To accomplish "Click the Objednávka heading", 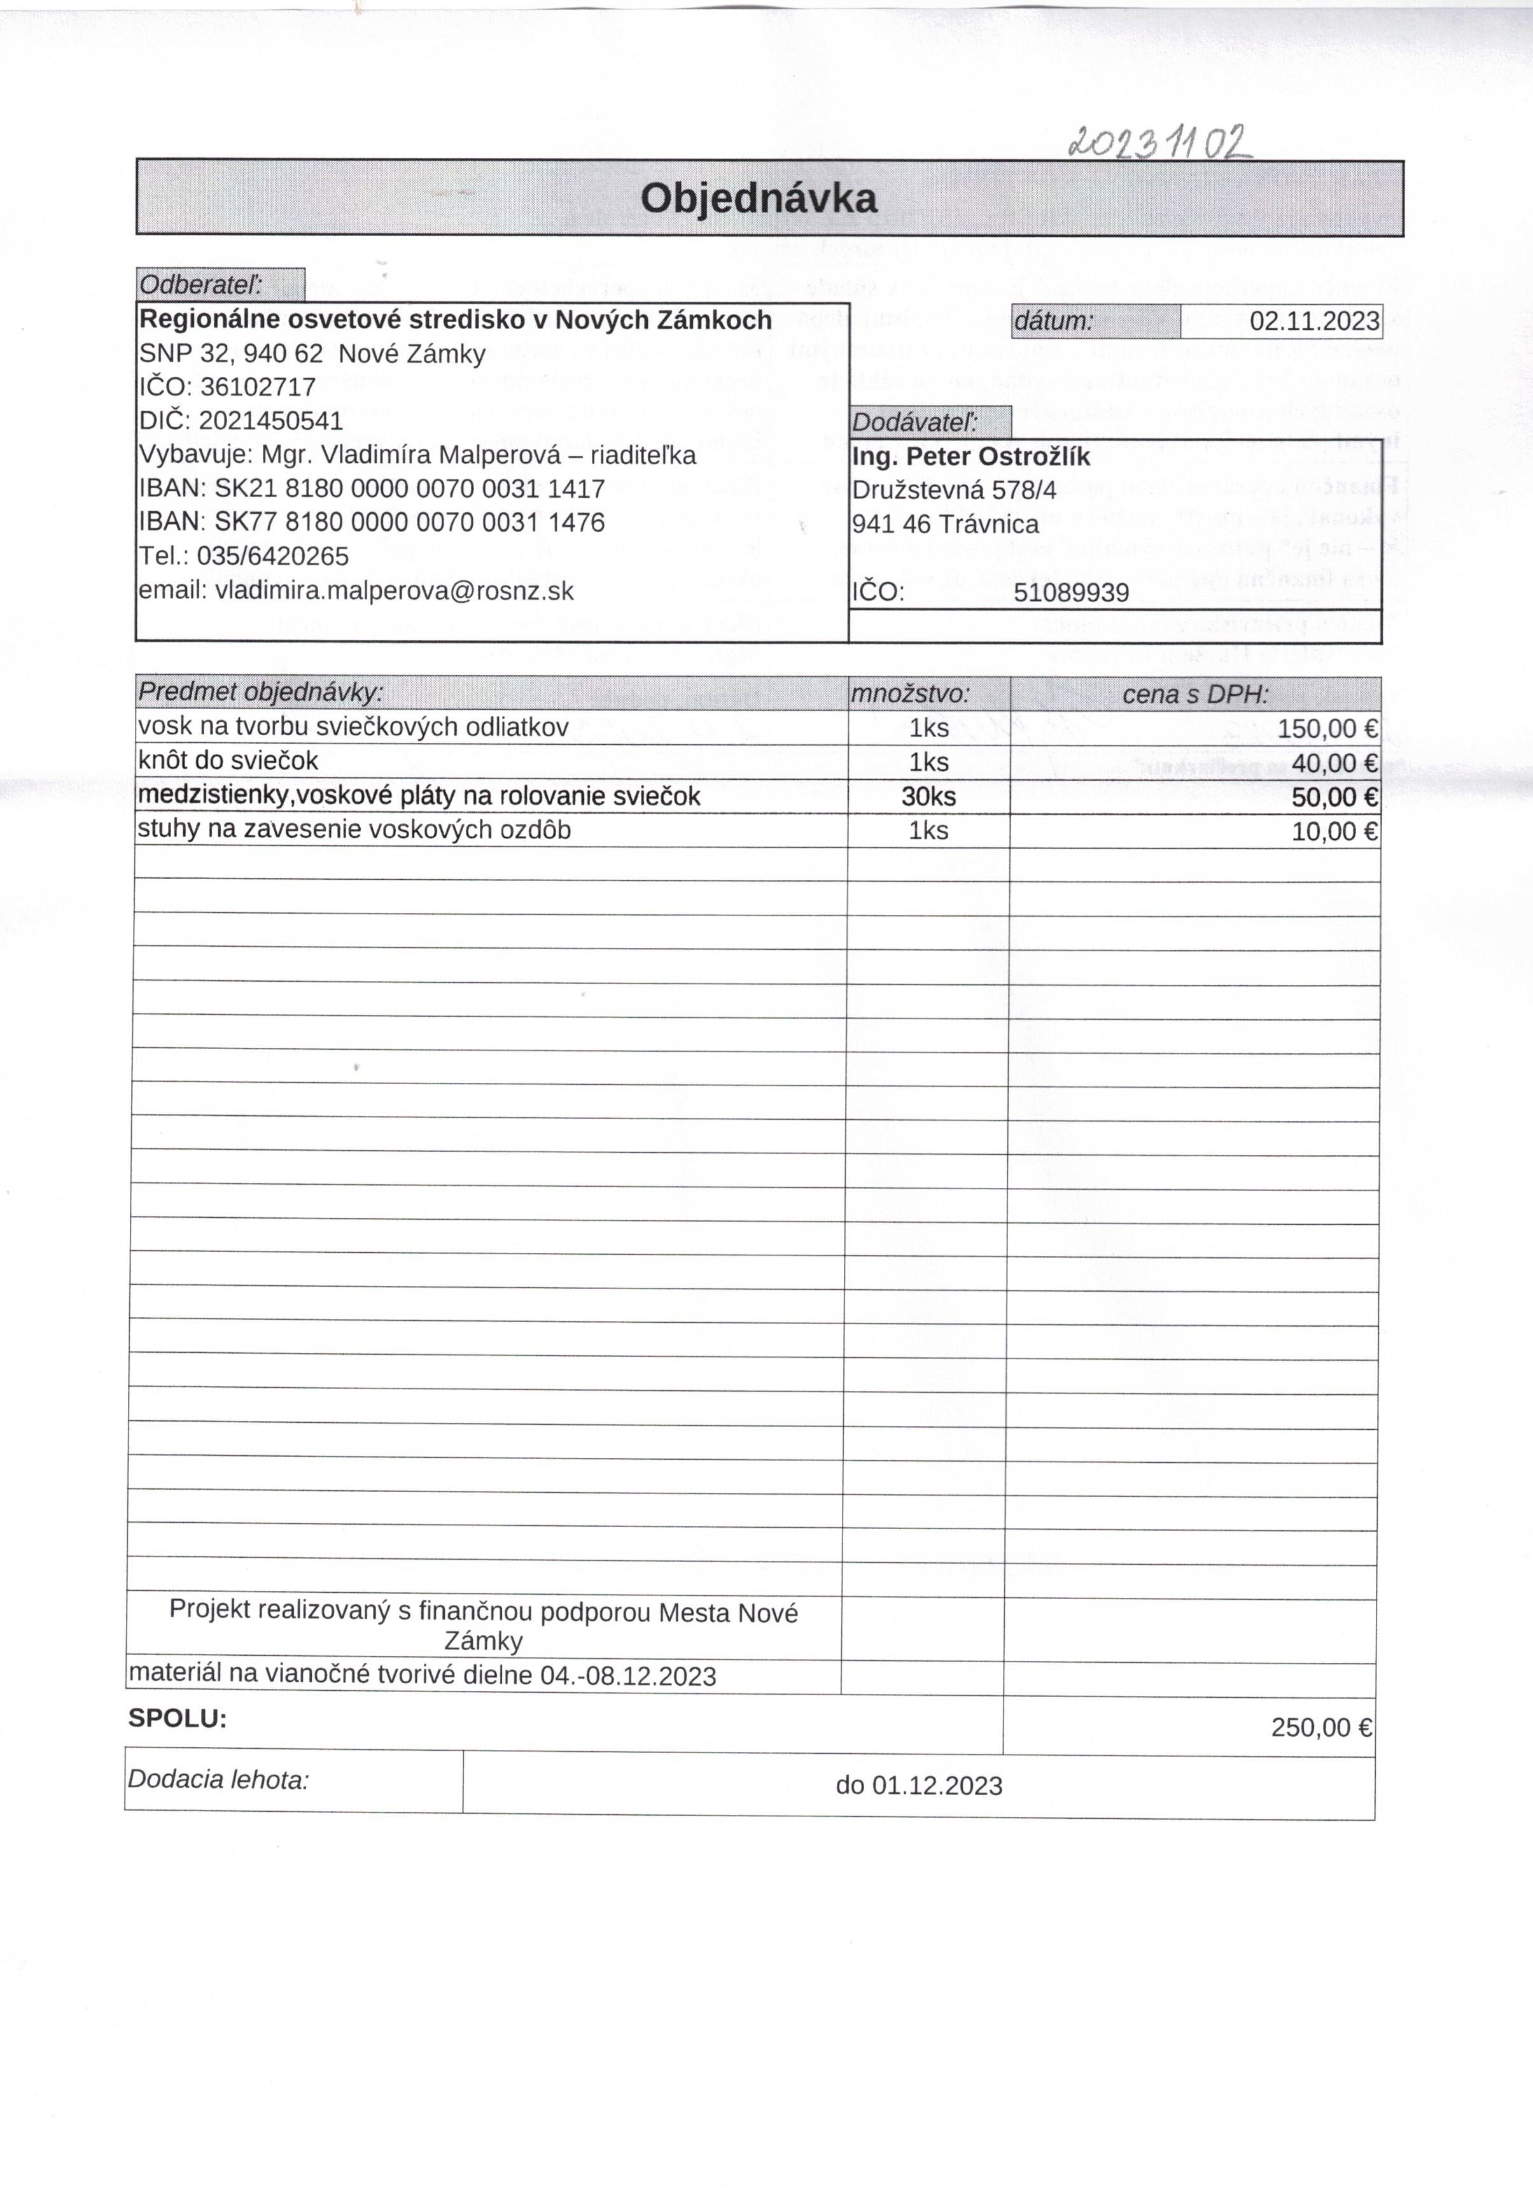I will coord(759,198).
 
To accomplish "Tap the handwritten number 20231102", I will coord(1161,143).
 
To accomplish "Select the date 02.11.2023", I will coord(1314,321).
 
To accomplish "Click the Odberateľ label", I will coord(201,284).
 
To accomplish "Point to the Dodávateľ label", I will coord(914,422).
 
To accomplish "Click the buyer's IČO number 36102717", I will coord(257,388).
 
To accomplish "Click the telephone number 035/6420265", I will coord(272,556).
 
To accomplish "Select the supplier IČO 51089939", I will coord(1071,593).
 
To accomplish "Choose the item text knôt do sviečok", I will coord(228,761).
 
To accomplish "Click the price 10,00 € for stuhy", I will coord(1334,831).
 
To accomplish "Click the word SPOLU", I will coord(177,1718).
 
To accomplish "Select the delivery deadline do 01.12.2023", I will coord(918,1786).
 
